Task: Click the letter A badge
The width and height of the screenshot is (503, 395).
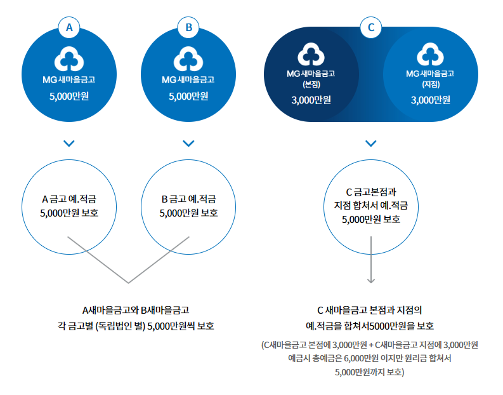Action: coord(69,27)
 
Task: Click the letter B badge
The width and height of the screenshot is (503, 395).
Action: coord(188,27)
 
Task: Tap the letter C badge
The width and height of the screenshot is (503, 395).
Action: coord(372,27)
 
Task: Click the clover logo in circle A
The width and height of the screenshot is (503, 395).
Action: coord(69,59)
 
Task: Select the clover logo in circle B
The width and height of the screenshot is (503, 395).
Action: coord(188,59)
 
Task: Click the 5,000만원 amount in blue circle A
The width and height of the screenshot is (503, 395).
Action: coord(69,97)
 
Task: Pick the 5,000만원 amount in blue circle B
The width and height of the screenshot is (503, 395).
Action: coord(188,97)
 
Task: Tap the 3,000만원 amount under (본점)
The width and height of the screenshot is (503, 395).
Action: coord(311,100)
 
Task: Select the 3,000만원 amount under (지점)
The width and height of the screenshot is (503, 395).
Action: coord(431,100)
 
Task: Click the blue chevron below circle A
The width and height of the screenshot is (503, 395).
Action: coord(69,143)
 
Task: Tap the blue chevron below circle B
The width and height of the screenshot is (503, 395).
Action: coord(188,143)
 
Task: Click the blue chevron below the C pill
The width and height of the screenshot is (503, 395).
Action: coord(372,143)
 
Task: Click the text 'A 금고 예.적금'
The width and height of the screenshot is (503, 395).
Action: coord(69,199)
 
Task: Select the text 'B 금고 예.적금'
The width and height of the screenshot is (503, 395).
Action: coord(188,199)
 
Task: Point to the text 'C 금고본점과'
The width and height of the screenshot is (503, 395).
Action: coord(371,191)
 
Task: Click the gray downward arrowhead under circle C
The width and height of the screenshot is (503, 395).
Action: coord(372,280)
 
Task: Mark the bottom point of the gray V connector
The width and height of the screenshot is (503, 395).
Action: coord(129,283)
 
